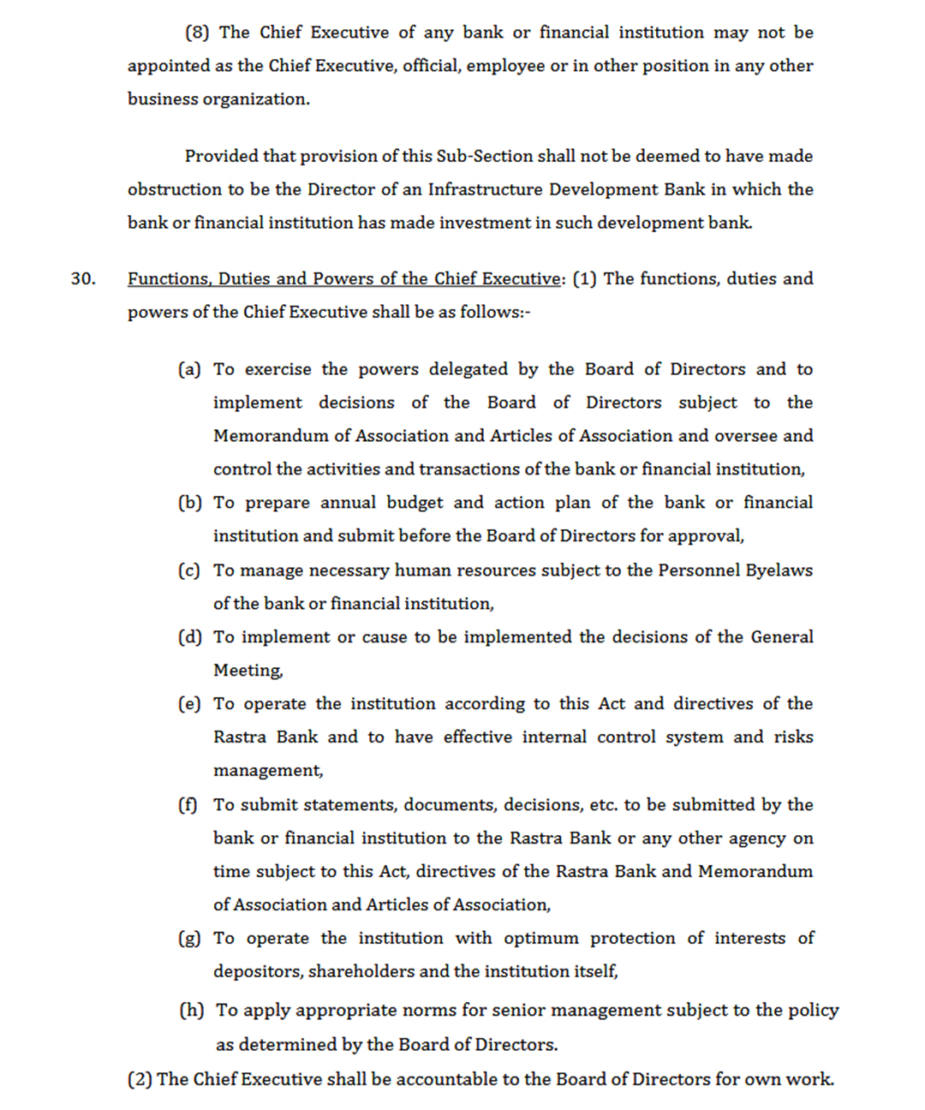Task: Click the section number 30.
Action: [83, 279]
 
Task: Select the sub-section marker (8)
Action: [197, 33]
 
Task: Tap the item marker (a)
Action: [189, 369]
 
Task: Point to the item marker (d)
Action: [189, 637]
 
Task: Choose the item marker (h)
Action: [191, 1011]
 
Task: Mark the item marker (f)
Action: [188, 805]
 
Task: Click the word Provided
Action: [222, 156]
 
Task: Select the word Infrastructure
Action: [485, 189]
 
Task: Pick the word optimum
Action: [540, 939]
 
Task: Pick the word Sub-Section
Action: [485, 156]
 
